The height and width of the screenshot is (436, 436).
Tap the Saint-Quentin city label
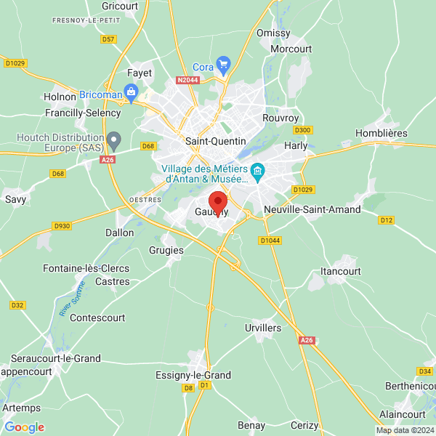click(x=216, y=141)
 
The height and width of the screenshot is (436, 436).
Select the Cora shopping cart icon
click(x=223, y=64)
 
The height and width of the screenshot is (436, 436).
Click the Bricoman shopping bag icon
click(x=131, y=92)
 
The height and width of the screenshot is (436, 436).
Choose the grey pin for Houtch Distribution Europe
click(x=113, y=139)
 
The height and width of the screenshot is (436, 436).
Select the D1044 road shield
click(x=270, y=240)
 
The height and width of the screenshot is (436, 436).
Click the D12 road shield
click(x=387, y=220)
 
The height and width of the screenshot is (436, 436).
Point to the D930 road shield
click(x=62, y=226)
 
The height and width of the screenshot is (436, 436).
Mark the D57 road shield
click(x=108, y=39)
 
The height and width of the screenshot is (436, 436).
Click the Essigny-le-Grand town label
click(x=193, y=375)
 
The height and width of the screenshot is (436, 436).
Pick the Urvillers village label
click(x=263, y=328)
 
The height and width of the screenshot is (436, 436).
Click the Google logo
click(x=24, y=427)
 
